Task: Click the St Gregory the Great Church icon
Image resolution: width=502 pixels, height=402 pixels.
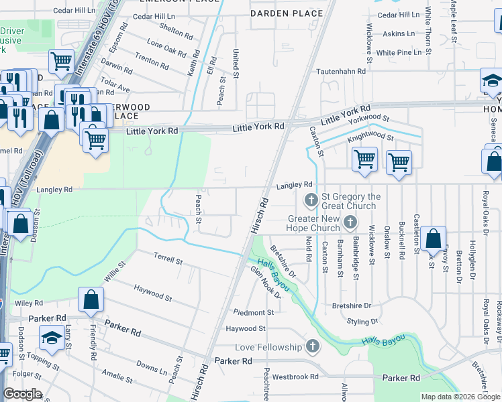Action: tap(311, 200)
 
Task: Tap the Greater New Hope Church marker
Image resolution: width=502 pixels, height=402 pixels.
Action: tap(349, 222)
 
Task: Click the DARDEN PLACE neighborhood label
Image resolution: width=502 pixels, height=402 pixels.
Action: tap(278, 13)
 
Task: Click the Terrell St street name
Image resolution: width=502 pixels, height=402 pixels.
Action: tap(168, 259)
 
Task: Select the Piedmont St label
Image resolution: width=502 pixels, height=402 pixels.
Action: tap(254, 312)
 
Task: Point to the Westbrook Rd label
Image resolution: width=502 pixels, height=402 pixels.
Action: tap(295, 377)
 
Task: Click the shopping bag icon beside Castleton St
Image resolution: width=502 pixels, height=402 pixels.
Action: tap(434, 237)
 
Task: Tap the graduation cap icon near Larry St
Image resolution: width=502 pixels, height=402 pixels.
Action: tap(52, 336)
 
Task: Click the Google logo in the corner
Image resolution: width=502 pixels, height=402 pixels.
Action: tap(22, 394)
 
